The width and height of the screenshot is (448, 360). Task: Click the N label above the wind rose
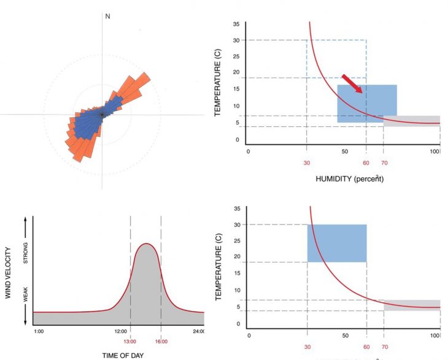click(x=108, y=16)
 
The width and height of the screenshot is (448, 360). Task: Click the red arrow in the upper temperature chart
click(x=352, y=84)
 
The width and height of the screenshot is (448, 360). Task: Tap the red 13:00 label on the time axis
click(x=131, y=342)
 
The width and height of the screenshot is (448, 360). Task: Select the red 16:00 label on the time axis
click(x=160, y=342)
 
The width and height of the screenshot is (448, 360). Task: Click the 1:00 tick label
click(x=38, y=332)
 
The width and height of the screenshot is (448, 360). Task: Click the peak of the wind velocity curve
click(x=146, y=243)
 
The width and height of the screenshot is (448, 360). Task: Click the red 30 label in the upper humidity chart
click(x=306, y=163)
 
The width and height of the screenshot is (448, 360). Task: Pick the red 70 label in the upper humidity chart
click(x=384, y=163)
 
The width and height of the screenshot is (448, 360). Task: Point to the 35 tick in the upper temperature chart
click(x=236, y=24)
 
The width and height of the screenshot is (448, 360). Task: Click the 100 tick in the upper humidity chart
click(x=435, y=151)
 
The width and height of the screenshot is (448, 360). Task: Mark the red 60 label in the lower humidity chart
click(x=366, y=347)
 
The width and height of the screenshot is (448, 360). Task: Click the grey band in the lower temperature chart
click(x=412, y=305)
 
